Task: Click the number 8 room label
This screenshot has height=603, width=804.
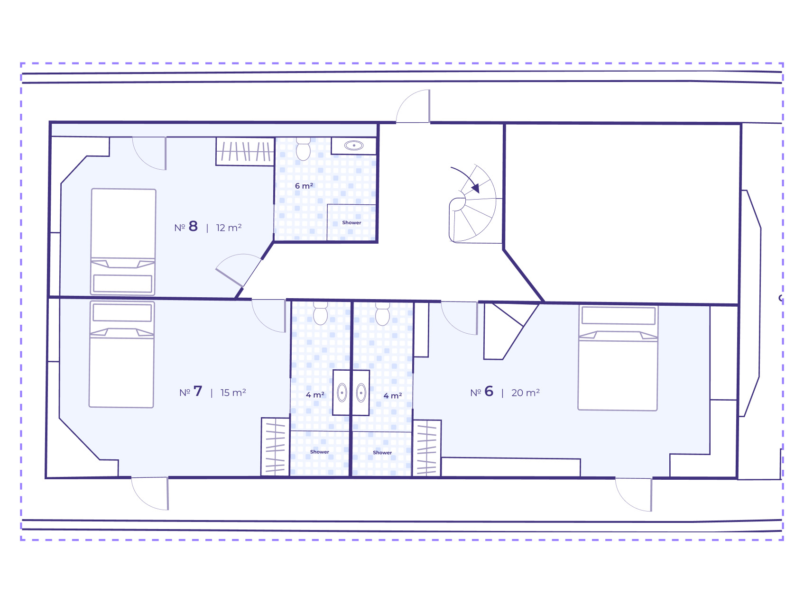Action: (186, 227)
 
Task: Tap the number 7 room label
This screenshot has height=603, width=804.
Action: (191, 392)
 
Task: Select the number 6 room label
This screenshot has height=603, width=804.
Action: (482, 392)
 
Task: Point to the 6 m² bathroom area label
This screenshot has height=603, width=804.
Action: (304, 186)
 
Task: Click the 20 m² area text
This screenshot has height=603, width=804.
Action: (526, 393)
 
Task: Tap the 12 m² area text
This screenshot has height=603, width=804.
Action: (229, 228)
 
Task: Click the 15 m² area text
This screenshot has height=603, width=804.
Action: (233, 393)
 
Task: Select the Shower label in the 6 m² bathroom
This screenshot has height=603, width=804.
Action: (351, 222)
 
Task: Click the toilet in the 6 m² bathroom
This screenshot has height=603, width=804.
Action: (303, 148)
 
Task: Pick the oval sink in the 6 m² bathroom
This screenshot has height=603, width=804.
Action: (354, 146)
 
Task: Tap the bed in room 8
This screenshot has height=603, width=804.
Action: (123, 242)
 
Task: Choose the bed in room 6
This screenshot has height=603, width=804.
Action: (618, 358)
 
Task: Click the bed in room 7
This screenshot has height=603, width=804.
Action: (121, 354)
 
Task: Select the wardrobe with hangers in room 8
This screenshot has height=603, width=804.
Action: (245, 151)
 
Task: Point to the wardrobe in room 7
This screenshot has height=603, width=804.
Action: (275, 447)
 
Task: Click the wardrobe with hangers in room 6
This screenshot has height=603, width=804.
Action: (426, 448)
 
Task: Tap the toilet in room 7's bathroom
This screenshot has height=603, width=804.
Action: (321, 313)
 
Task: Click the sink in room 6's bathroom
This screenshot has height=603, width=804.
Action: (361, 393)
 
